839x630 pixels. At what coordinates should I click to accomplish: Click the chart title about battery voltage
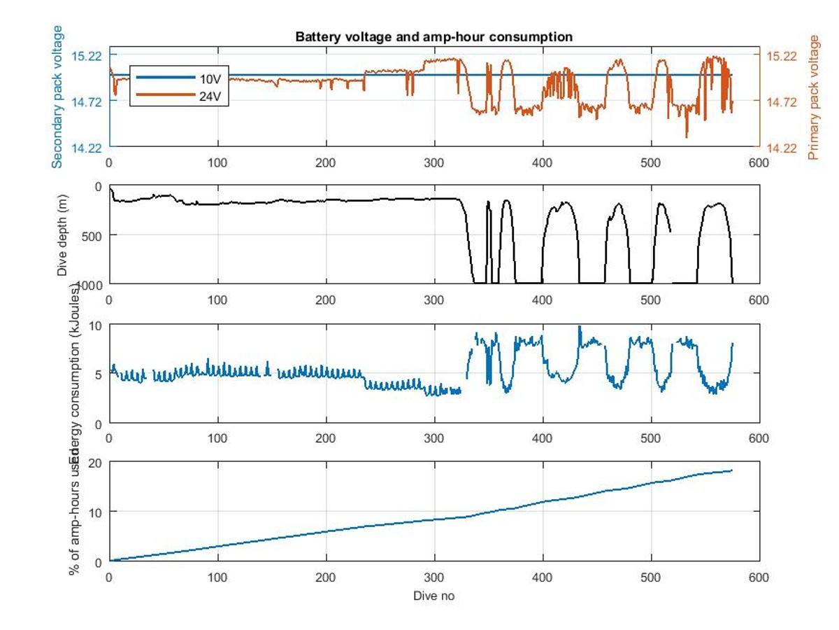click(x=433, y=36)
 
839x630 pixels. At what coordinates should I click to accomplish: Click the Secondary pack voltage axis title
click(x=57, y=97)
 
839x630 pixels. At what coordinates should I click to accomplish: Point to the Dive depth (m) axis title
click(x=62, y=234)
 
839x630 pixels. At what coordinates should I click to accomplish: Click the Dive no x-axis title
click(x=433, y=596)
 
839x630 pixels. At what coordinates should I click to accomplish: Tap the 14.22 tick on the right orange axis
click(x=782, y=148)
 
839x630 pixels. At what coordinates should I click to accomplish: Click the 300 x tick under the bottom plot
click(x=434, y=577)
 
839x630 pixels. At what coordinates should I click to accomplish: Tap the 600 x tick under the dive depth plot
click(x=759, y=300)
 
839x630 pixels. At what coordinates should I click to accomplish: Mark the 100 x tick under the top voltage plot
click(x=218, y=163)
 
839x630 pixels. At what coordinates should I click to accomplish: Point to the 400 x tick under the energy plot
click(x=543, y=439)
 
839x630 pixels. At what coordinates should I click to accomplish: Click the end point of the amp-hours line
click(x=732, y=470)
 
